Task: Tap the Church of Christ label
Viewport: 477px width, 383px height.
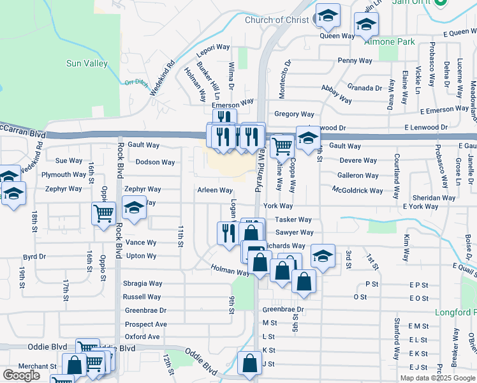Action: [276, 20]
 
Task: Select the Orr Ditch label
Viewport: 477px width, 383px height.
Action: [135, 82]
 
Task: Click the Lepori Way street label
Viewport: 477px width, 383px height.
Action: [212, 47]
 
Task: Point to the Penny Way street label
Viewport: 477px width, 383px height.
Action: [355, 61]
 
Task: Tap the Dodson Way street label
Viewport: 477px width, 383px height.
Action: [155, 162]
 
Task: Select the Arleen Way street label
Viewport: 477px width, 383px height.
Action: [215, 190]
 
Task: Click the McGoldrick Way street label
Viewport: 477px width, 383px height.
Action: [358, 190]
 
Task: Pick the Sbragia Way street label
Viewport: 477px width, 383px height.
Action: [143, 283]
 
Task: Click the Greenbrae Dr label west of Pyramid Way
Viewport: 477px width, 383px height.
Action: [145, 310]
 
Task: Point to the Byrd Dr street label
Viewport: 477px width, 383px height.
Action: [34, 257]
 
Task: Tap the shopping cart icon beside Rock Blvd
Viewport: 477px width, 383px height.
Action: [103, 214]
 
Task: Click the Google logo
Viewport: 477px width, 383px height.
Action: [21, 375]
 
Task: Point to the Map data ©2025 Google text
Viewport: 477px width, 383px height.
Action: [437, 378]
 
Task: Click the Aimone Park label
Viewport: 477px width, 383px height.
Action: [390, 41]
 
